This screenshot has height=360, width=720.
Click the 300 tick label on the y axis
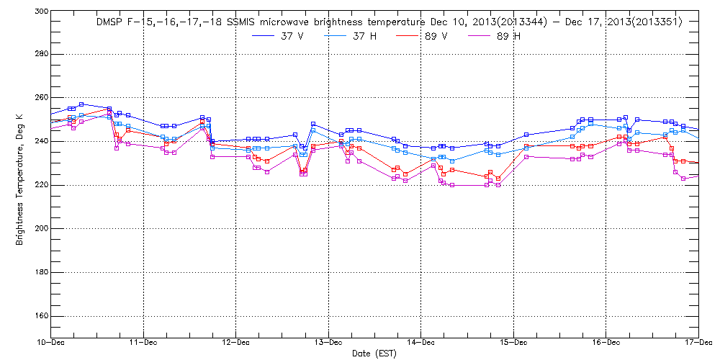tap(40, 12)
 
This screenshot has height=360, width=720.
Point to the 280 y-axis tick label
tap(40, 54)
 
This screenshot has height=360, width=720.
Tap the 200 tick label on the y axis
tap(40, 228)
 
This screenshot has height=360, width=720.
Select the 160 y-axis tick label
tap(40, 315)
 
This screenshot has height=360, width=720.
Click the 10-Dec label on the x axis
tap(51, 344)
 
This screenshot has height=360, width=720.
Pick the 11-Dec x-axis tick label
tap(143, 344)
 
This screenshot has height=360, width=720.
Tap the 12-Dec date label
tap(235, 344)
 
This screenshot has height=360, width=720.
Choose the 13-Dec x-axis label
tap(328, 344)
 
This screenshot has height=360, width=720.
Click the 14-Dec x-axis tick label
tap(420, 344)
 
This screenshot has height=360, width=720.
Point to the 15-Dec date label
tap(513, 344)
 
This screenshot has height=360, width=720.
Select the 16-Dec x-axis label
tap(605, 344)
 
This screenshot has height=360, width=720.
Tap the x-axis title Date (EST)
tap(374, 354)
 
